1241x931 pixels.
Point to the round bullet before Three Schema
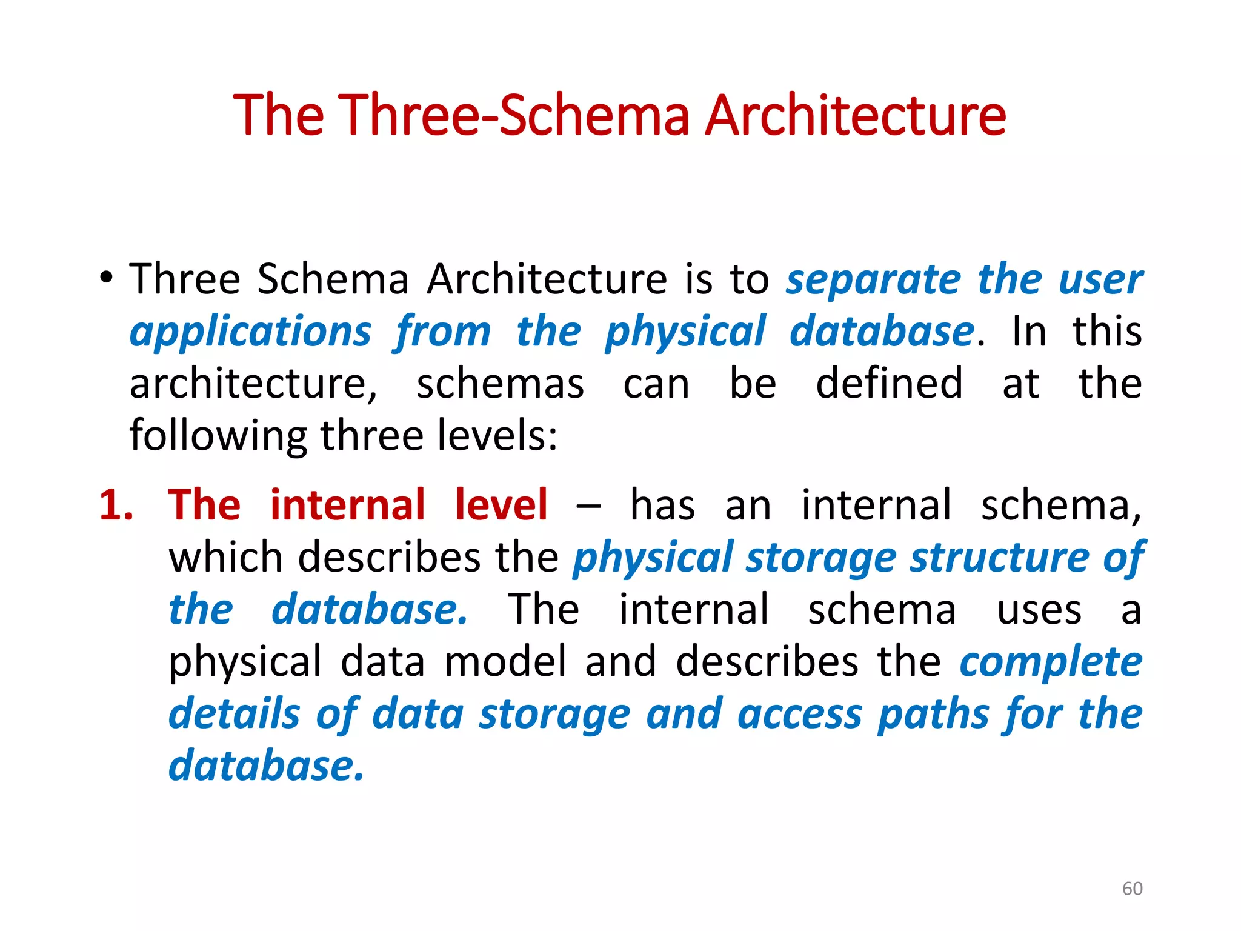[107, 278]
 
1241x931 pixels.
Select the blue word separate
[873, 281]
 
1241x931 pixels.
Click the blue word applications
[250, 333]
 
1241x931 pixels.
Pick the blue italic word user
[1100, 281]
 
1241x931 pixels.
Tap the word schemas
[500, 384]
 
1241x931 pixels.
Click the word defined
[889, 384]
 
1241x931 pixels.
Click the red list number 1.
[116, 506]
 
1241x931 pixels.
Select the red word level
[501, 506]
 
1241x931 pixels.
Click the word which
[225, 558]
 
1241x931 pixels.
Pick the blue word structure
[999, 558]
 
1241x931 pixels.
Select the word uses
[1039, 610]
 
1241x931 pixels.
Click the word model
[505, 662]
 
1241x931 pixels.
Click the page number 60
[1132, 889]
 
